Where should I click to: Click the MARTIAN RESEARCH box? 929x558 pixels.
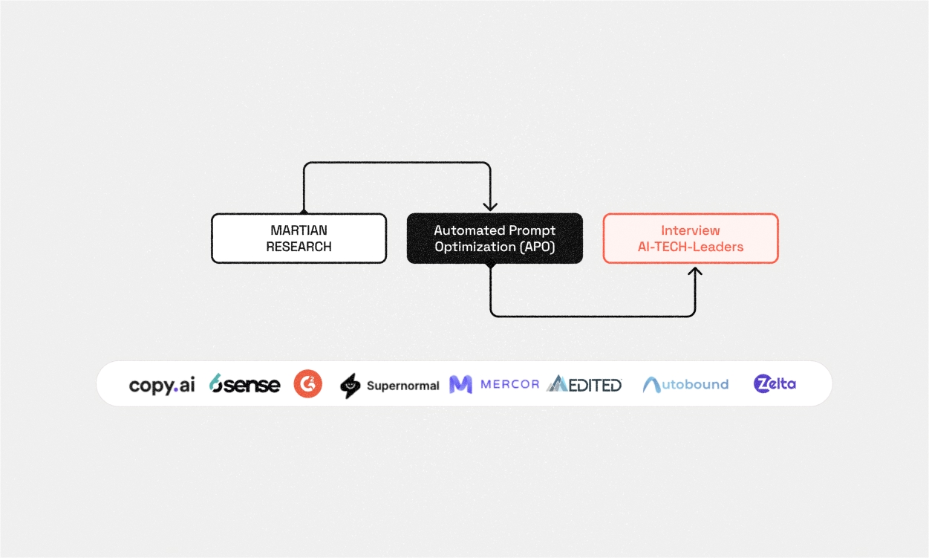tap(299, 239)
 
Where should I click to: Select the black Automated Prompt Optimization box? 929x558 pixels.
tap(495, 239)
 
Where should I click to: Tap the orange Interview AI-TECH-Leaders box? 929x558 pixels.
tap(690, 239)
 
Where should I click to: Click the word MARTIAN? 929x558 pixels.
tap(299, 230)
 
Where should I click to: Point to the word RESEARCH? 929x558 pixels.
tap(299, 247)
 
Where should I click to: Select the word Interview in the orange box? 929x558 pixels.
tap(690, 230)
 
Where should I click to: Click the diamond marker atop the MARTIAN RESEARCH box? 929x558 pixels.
tap(303, 212)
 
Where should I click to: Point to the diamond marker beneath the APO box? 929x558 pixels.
tap(490, 265)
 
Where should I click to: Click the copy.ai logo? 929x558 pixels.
tap(162, 385)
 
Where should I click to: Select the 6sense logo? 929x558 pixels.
tap(244, 384)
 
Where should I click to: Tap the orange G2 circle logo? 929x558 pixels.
tap(307, 384)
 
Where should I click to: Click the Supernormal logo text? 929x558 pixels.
tap(402, 386)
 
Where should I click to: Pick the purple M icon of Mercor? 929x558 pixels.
tap(460, 384)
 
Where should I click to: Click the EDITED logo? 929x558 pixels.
tap(584, 384)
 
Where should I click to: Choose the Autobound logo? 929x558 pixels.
tap(685, 384)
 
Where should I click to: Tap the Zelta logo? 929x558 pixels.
tap(775, 383)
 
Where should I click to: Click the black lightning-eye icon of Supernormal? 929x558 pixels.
tap(350, 386)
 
